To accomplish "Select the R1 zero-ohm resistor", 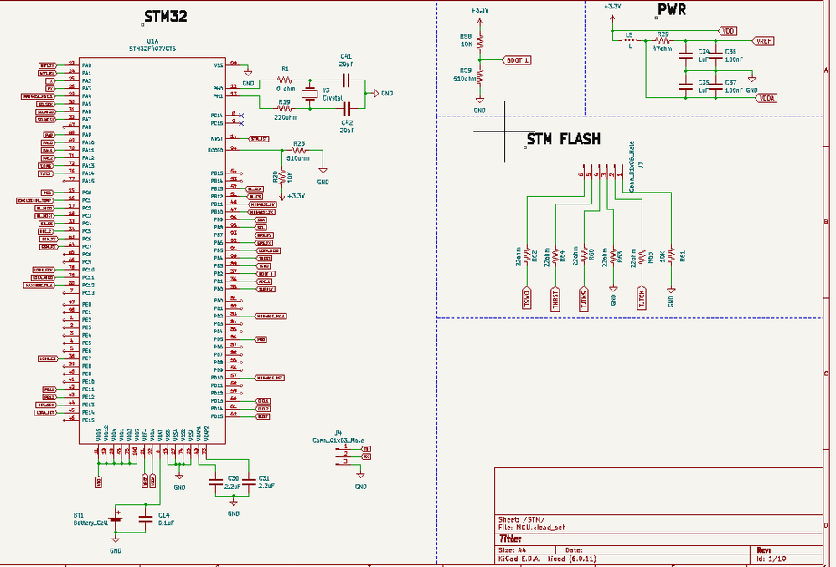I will click(285, 80).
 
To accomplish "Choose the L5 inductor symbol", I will click(629, 40).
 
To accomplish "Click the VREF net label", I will click(763, 40).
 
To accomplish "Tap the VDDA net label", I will click(766, 98).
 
